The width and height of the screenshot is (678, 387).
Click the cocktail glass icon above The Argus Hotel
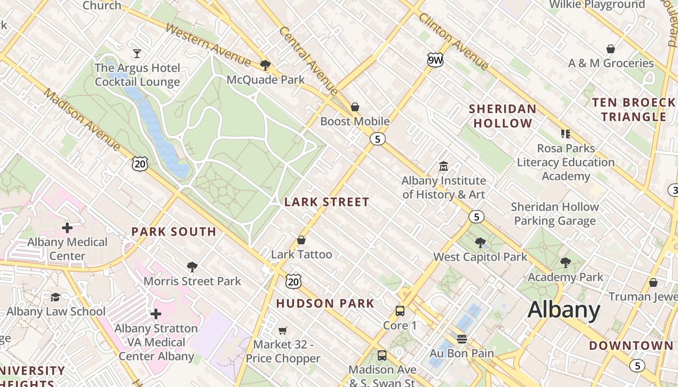pyautogui.click(x=137, y=53)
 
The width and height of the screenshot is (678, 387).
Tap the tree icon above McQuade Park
pyautogui.click(x=265, y=65)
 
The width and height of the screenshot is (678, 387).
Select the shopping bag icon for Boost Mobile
pyautogui.click(x=355, y=106)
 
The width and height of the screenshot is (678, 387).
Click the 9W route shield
pyautogui.click(x=435, y=60)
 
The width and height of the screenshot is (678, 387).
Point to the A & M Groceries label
pyautogui.click(x=611, y=63)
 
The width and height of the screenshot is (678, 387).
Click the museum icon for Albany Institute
pyautogui.click(x=443, y=166)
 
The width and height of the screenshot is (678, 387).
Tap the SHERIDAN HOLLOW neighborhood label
pyautogui.click(x=503, y=116)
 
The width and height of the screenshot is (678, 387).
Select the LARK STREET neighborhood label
pyautogui.click(x=326, y=202)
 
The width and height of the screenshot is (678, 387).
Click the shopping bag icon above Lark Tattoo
pyautogui.click(x=301, y=240)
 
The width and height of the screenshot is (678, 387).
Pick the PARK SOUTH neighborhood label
pyautogui.click(x=174, y=232)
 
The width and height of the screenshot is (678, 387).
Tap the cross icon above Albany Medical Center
pyautogui.click(x=67, y=227)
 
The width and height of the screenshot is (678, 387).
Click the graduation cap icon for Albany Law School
pyautogui.click(x=56, y=297)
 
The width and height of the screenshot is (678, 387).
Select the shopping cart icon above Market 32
pyautogui.click(x=283, y=330)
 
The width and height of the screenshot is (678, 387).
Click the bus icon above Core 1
pyautogui.click(x=400, y=311)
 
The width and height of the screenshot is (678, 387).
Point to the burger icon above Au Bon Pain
pyautogui.click(x=462, y=339)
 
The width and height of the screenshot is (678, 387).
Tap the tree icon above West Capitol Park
pyautogui.click(x=480, y=242)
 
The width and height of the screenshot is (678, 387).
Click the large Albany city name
pyautogui.click(x=564, y=310)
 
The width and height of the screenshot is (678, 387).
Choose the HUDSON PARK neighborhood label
pyautogui.click(x=325, y=304)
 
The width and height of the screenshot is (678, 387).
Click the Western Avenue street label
pyautogui.click(x=208, y=44)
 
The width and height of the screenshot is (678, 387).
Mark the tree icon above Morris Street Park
pyautogui.click(x=192, y=267)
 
